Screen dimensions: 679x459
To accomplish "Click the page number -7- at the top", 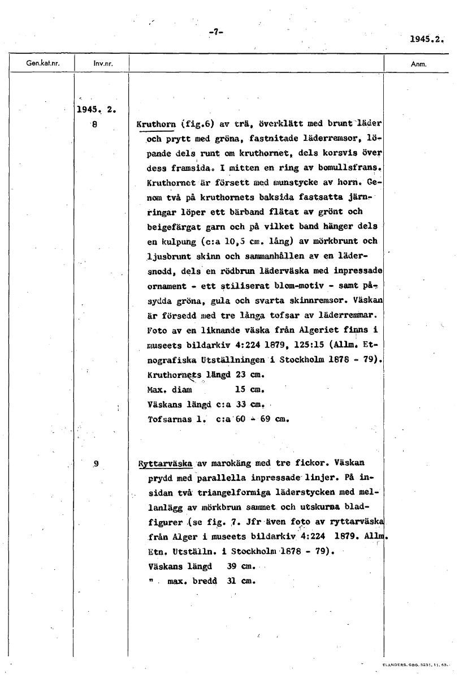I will point(216,32).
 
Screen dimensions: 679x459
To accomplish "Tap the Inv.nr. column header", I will point(102,64).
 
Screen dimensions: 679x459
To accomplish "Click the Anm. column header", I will point(419,64).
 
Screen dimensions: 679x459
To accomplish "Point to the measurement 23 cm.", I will point(251,375).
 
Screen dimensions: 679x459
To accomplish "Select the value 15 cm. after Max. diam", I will point(249,390).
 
